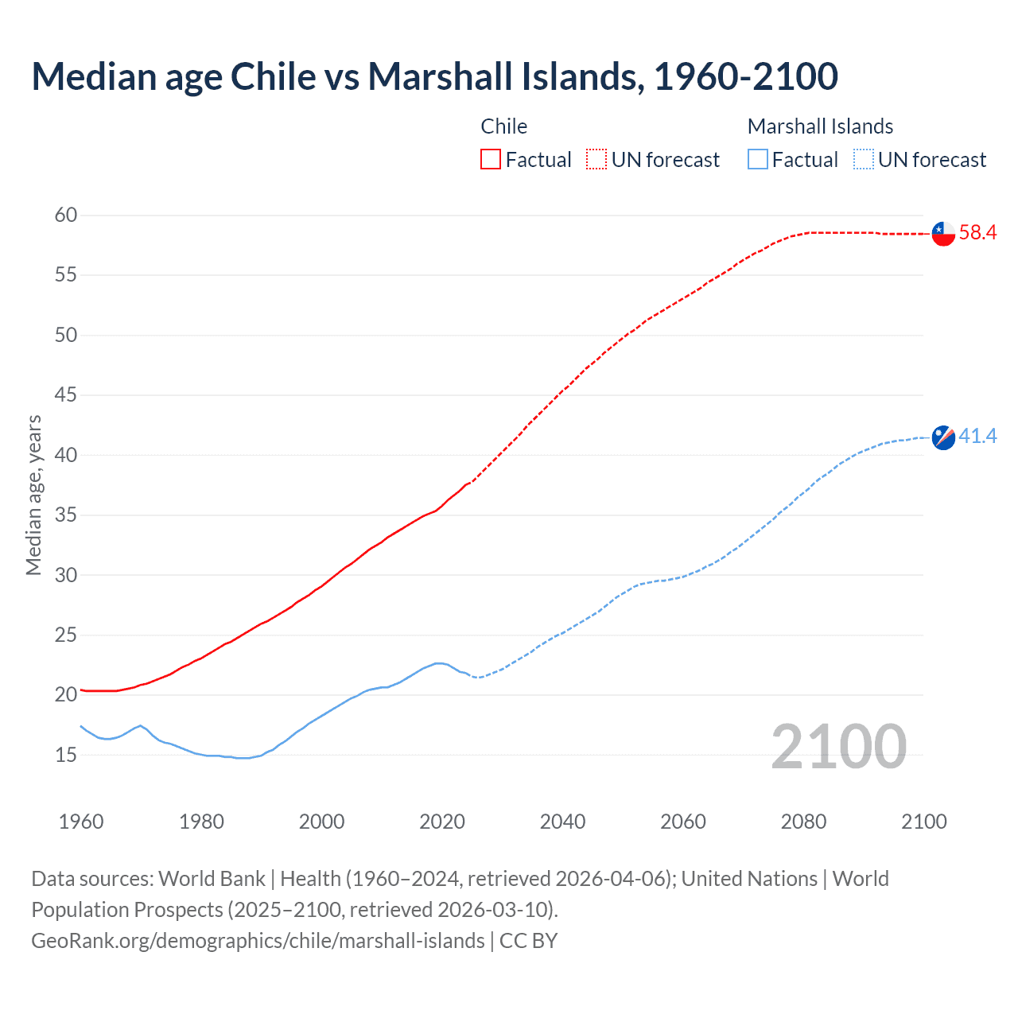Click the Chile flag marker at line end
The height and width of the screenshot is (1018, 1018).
(943, 234)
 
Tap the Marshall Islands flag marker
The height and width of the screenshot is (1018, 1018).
(943, 437)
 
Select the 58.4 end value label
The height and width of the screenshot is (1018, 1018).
(977, 233)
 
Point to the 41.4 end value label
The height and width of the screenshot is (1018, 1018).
(977, 437)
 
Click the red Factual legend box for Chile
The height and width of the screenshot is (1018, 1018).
(491, 160)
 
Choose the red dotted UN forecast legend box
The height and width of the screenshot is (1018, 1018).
(596, 160)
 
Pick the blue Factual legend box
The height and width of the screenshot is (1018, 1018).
(758, 160)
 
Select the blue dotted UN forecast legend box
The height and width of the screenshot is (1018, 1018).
(864, 160)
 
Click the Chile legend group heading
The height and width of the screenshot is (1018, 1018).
(504, 126)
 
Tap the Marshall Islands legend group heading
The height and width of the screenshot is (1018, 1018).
(820, 126)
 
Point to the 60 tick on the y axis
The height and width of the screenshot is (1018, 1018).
(66, 215)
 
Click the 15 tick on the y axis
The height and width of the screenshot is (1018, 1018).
(66, 755)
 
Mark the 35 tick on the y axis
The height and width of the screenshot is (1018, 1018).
(66, 515)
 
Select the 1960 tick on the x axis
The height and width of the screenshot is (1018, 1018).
(81, 822)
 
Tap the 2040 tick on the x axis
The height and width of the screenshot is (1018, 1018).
(562, 822)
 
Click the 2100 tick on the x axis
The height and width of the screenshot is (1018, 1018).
(923, 822)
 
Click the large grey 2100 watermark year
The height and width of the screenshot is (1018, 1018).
(838, 746)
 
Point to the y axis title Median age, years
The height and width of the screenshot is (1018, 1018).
(33, 495)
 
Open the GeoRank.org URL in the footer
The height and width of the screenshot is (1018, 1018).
(258, 941)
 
